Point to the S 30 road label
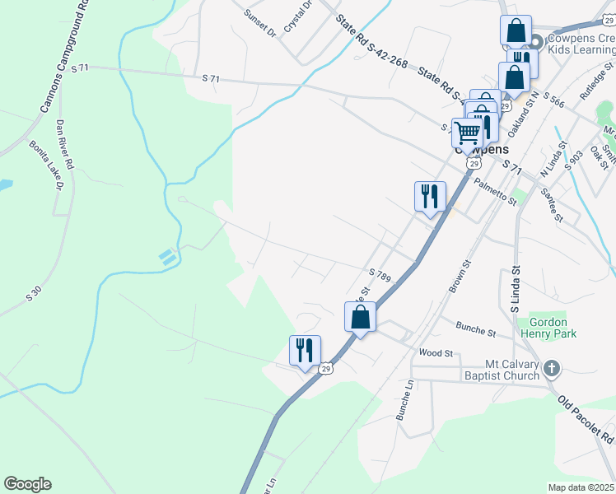tap(33, 292)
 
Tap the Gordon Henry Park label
tap(548, 328)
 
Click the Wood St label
tap(436, 352)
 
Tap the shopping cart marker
tap(468, 133)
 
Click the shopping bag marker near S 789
tap(361, 316)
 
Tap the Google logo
tap(27, 484)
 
